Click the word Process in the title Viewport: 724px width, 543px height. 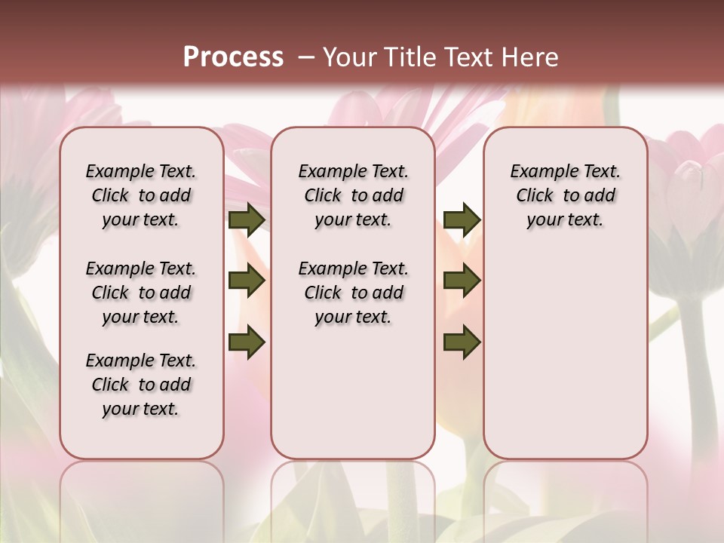click(x=233, y=57)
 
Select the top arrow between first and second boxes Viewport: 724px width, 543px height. click(x=247, y=220)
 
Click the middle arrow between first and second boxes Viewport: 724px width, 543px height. click(x=247, y=281)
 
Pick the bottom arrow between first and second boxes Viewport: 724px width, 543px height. click(x=247, y=342)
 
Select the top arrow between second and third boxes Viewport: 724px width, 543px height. click(x=462, y=220)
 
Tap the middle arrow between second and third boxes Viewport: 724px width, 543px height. click(x=462, y=281)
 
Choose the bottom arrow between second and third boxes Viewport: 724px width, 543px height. click(x=462, y=342)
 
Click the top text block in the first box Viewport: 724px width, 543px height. click(x=141, y=195)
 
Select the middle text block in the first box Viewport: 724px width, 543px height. click(x=141, y=293)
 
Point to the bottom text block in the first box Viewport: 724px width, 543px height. click(x=141, y=385)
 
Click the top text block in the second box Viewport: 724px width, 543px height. click(x=353, y=195)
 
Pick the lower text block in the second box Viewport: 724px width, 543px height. click(x=353, y=293)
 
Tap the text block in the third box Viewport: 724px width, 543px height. click(x=566, y=195)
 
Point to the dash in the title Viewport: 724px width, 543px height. click(x=306, y=57)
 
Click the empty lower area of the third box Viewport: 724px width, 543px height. click(x=566, y=354)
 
